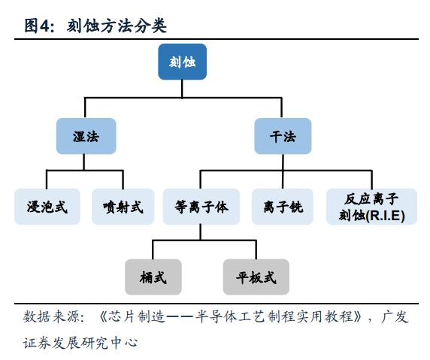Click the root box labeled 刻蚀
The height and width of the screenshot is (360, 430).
tap(182, 62)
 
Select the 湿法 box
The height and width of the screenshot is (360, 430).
tap(85, 137)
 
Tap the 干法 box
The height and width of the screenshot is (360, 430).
tap(283, 137)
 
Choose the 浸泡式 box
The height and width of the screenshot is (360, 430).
tap(46, 207)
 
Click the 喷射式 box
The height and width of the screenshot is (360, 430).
tap(123, 207)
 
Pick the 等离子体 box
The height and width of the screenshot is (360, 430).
tap(201, 207)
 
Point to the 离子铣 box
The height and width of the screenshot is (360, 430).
tap(283, 207)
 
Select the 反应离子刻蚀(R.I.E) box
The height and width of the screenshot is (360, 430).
tap(371, 207)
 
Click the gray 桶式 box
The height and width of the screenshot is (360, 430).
tap(153, 277)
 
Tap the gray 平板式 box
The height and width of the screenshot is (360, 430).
tap(256, 277)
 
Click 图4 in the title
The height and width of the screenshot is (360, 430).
tap(39, 26)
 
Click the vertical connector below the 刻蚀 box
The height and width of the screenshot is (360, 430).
tap(183, 88)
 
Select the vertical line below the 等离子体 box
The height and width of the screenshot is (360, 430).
tap(201, 231)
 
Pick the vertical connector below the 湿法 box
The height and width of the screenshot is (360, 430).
tap(85, 162)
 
